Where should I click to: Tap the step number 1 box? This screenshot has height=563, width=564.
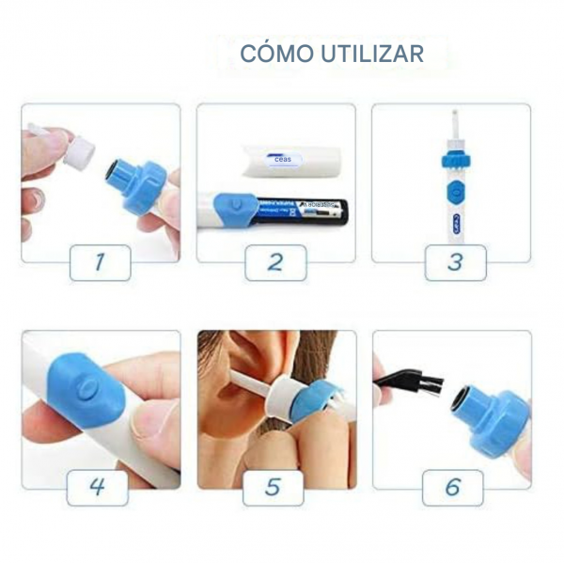pyautogui.click(x=100, y=261)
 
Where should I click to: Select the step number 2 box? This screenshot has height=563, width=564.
pyautogui.click(x=275, y=261)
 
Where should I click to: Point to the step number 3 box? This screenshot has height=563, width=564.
pyautogui.click(x=455, y=261)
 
